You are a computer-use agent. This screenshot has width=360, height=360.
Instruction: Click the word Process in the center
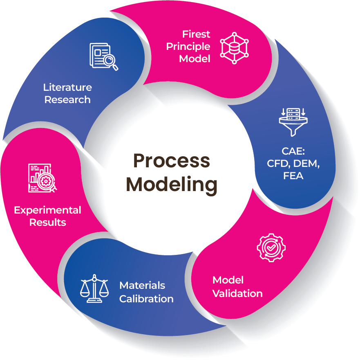click(x=172, y=161)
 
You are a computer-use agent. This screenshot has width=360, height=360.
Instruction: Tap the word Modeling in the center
click(x=172, y=184)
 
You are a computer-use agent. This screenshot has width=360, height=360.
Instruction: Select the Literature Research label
click(x=68, y=93)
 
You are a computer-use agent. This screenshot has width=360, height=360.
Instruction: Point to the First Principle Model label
click(x=188, y=46)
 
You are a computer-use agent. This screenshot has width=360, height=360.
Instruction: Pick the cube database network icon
click(x=235, y=47)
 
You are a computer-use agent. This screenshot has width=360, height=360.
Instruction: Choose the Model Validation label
click(x=237, y=287)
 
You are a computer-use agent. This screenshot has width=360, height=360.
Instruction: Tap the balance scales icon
click(x=94, y=288)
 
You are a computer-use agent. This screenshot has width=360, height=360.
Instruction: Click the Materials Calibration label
click(x=146, y=292)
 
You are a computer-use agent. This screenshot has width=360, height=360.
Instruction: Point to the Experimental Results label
click(x=47, y=216)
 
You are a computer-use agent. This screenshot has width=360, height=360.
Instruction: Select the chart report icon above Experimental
click(x=42, y=178)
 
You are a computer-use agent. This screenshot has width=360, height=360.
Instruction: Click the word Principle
click(x=188, y=46)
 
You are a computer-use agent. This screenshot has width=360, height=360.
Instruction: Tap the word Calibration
click(x=146, y=299)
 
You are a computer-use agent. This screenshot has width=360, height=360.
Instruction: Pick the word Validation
click(x=237, y=293)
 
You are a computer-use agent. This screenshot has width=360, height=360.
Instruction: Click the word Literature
click(x=68, y=87)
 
